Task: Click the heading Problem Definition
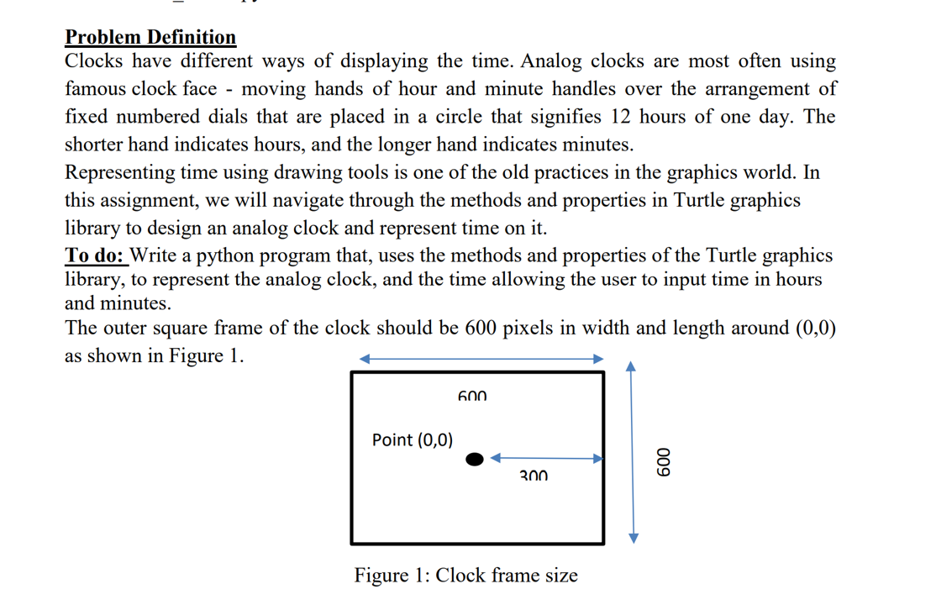coord(150,37)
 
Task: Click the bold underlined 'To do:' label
coord(95,255)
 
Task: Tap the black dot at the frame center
coord(475,459)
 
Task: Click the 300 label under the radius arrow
coord(534,476)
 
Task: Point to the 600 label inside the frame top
coord(473,395)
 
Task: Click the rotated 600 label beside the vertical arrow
coord(664,460)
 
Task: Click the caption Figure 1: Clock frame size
coord(465,576)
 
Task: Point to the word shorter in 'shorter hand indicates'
coord(94,145)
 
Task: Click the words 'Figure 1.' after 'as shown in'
coord(207,355)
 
